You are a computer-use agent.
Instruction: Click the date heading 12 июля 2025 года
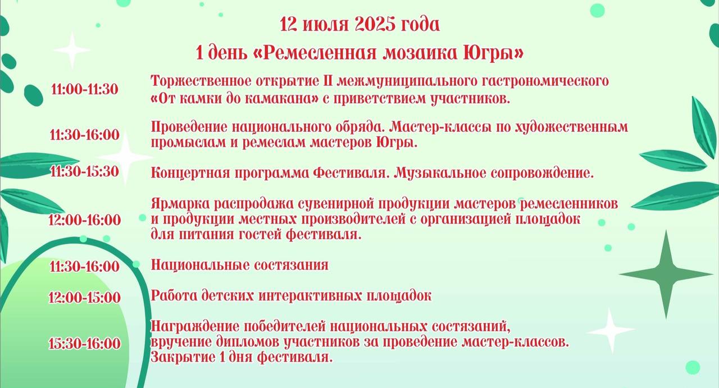tap(359, 24)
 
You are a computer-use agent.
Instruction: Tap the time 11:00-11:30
tap(85, 89)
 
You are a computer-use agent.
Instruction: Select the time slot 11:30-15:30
tap(84, 171)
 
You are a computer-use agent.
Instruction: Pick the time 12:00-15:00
tap(84, 297)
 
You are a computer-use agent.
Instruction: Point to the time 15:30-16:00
tap(84, 344)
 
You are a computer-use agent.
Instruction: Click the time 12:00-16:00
tap(84, 220)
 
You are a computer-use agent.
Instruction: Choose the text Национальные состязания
tap(240, 265)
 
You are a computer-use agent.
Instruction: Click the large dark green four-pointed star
tap(666, 275)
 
